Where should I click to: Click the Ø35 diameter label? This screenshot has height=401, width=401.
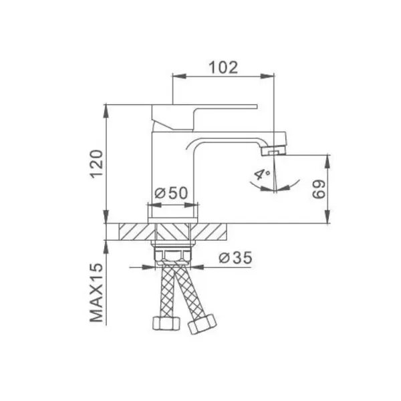pos(235,257)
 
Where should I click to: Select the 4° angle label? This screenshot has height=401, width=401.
pos(261,176)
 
